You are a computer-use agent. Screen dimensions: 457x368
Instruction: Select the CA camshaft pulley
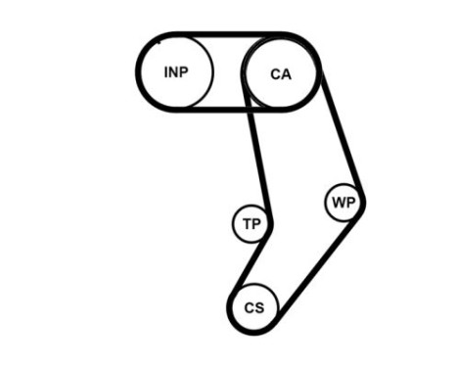click(x=281, y=72)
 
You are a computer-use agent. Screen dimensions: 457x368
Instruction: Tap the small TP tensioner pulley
click(x=251, y=225)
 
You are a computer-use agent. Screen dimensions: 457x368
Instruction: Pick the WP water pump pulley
click(x=343, y=203)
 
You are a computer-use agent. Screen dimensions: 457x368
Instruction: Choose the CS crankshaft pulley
click(x=254, y=307)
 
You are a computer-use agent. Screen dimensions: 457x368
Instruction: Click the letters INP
click(x=176, y=72)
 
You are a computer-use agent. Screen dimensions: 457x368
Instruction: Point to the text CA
click(x=281, y=72)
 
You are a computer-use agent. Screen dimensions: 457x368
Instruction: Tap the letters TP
click(x=251, y=225)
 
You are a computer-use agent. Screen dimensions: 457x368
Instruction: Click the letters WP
click(x=343, y=203)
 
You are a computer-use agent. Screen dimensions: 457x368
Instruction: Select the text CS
click(x=254, y=307)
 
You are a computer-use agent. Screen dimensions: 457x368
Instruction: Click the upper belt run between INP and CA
click(x=227, y=35)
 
